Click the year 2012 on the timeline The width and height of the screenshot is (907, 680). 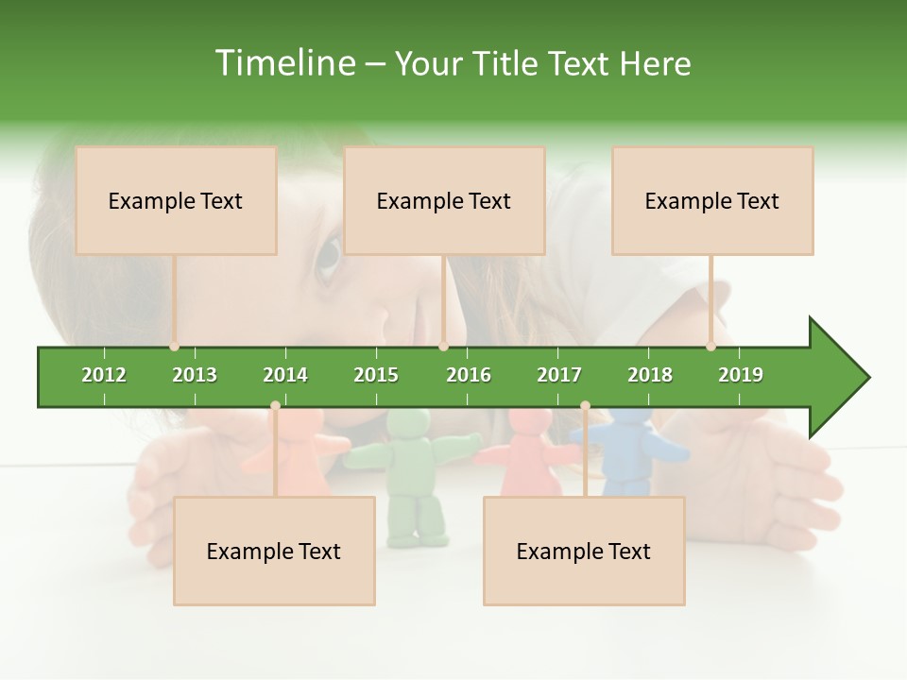point(104,375)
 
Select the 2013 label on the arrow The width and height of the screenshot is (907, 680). point(195,375)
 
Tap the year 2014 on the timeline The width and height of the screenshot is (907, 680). point(285,375)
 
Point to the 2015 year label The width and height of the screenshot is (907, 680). point(376,375)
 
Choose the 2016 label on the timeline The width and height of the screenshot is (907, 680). point(469,375)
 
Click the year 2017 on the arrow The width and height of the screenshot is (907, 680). point(559,375)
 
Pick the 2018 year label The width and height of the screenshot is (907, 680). point(650,375)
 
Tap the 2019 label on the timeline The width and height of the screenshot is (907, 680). point(741,375)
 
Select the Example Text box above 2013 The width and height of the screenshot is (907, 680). point(176,200)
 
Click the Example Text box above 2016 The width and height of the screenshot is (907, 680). point(444,200)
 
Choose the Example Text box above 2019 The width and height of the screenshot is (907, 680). point(712,200)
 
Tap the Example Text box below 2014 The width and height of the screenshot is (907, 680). point(274,551)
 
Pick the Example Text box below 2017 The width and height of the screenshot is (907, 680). point(584,551)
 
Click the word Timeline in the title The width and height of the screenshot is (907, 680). point(283,63)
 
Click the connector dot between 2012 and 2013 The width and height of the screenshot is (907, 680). point(174,347)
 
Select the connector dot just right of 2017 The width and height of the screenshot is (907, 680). point(585,406)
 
